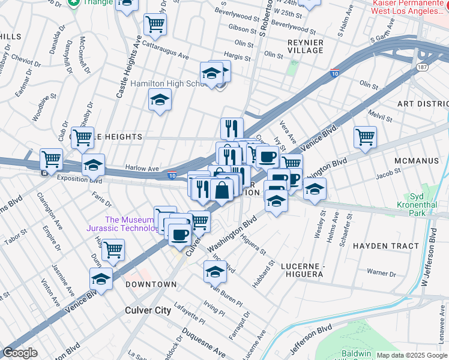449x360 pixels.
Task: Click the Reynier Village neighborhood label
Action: pyautogui.click(x=306, y=47)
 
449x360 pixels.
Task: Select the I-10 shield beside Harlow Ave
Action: pyautogui.click(x=172, y=176)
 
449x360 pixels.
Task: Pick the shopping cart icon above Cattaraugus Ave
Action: pyautogui.click(x=155, y=24)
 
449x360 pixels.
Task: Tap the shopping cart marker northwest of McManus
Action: pyautogui.click(x=364, y=137)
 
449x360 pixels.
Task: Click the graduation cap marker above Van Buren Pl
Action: pyautogui.click(x=215, y=271)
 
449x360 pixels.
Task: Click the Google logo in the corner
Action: pyautogui.click(x=20, y=353)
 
